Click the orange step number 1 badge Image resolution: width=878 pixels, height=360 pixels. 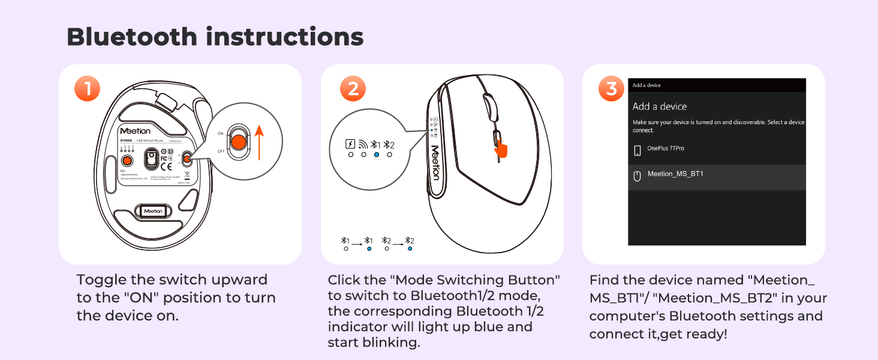87,89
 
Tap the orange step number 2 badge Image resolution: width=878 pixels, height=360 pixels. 353,89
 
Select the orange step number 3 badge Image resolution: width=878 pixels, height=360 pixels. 611,89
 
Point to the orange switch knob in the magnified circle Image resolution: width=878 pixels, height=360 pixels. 238,142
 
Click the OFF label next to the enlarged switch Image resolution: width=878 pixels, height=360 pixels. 221,152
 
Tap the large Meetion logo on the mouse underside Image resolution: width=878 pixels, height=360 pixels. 135,130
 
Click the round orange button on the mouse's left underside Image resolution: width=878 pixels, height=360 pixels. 127,161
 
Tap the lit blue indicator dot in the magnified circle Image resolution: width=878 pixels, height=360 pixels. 377,155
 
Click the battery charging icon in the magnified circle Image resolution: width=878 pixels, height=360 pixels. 350,144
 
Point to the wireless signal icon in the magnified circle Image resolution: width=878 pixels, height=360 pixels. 363,144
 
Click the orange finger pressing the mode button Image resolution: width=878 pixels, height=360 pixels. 500,147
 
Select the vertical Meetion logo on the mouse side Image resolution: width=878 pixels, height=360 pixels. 435,162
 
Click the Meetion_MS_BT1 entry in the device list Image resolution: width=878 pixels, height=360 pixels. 675,175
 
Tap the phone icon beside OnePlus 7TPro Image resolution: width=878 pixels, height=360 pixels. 638,150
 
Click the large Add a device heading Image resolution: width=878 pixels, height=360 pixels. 660,106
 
